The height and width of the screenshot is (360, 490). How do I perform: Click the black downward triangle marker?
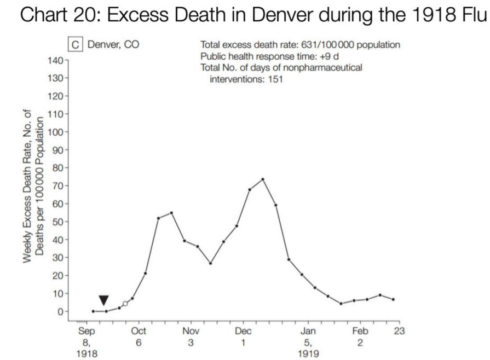(103, 300)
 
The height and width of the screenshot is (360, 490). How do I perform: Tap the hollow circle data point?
(125, 303)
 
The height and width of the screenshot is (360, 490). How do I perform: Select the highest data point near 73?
(263, 179)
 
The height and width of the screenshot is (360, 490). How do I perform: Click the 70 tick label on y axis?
(57, 186)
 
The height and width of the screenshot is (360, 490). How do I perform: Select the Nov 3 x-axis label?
(191, 336)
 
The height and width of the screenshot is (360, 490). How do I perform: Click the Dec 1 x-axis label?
(243, 336)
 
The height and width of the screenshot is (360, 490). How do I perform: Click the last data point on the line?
(393, 299)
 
